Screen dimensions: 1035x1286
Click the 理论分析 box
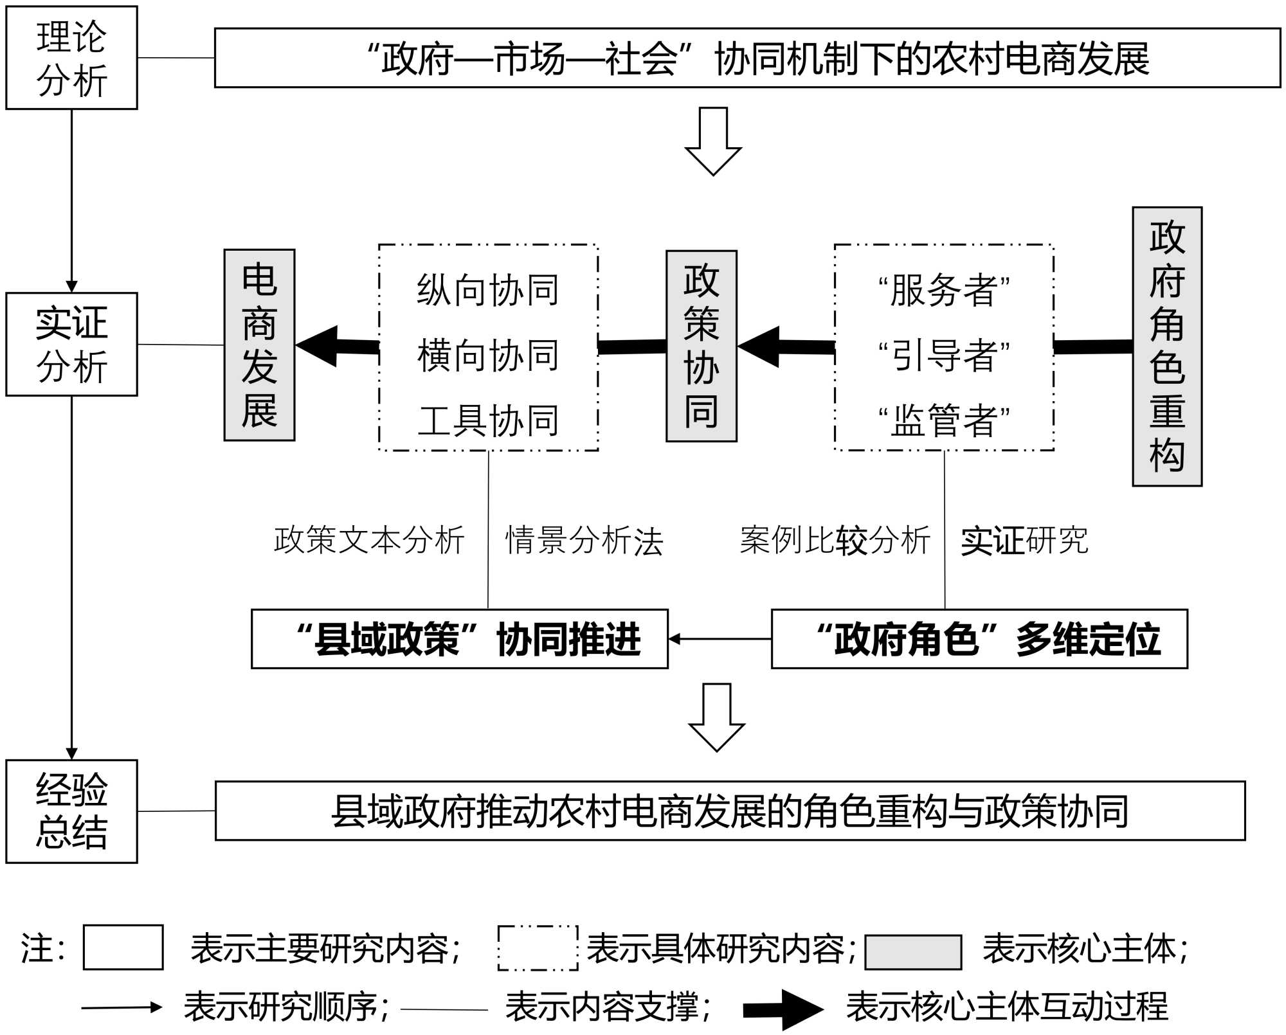click(71, 58)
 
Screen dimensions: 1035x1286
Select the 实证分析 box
click(71, 345)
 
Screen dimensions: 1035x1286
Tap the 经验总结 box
click(71, 811)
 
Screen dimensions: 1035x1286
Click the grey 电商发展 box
click(259, 345)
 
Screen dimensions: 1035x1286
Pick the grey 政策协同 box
click(702, 346)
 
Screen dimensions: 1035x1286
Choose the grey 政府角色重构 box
click(1167, 346)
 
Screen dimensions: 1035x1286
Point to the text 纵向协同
click(488, 290)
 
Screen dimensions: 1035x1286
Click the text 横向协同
click(488, 355)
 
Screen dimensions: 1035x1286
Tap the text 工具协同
click(488, 421)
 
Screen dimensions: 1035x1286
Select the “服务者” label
click(944, 290)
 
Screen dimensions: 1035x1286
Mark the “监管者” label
click(944, 421)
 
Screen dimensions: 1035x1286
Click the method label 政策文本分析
click(369, 540)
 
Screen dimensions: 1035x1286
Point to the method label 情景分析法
click(584, 540)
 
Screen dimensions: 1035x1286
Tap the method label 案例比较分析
click(835, 540)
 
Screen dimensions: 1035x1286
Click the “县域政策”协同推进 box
click(460, 639)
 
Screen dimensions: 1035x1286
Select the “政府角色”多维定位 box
click(979, 639)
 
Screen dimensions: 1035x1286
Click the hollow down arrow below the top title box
click(713, 141)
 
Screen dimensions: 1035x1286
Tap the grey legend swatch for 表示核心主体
click(913, 951)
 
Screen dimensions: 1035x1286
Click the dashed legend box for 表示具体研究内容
click(538, 948)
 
